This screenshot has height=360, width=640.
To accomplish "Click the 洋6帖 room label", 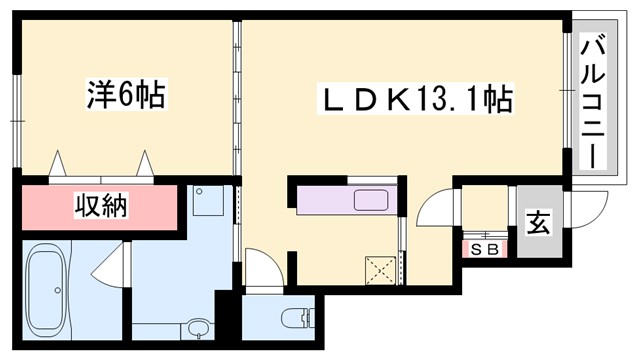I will tap(125, 98).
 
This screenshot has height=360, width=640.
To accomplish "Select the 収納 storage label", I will tap(101, 208).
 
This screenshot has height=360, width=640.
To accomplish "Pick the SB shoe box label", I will tap(483, 249).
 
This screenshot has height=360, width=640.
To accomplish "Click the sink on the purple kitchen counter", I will tap(369, 200).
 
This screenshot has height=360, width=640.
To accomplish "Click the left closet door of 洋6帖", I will tap(57, 163).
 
